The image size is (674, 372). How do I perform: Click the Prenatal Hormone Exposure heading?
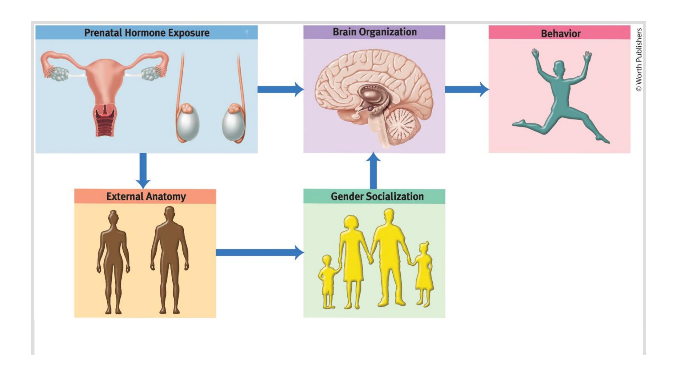tap(147, 33)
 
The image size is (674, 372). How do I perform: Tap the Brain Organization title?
tap(374, 32)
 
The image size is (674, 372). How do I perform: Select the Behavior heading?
tap(560, 33)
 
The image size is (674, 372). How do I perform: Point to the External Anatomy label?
tap(146, 196)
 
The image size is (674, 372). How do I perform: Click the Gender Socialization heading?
tap(377, 196)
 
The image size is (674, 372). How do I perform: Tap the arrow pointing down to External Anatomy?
tap(143, 171)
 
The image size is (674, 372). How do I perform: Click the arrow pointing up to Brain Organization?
tap(373, 171)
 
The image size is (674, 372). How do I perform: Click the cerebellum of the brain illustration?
tap(401, 126)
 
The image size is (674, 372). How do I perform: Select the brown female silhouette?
tap(113, 261)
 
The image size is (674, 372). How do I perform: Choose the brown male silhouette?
tap(169, 257)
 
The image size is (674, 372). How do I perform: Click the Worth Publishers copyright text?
tap(639, 60)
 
